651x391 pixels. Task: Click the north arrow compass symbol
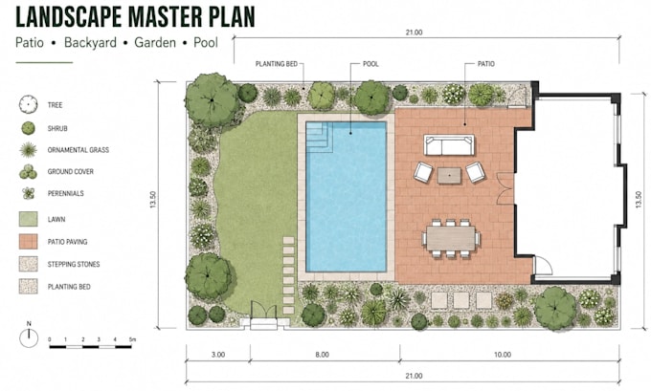point(29,337)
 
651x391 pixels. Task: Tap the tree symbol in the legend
point(28,104)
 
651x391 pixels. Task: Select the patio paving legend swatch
point(28,241)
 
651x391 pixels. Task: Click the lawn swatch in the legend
point(28,219)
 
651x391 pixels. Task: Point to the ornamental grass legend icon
point(28,150)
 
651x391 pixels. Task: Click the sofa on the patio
point(449,144)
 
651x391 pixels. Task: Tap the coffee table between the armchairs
point(449,175)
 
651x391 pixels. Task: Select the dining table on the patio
point(451,238)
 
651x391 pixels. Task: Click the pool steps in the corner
point(319,138)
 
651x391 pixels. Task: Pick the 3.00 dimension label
point(218,355)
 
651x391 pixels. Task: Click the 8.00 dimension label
point(323,355)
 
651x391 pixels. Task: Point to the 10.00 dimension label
point(503,355)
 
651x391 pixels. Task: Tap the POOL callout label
point(370,64)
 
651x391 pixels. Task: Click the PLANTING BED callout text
point(276,64)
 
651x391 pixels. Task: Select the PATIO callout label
point(485,64)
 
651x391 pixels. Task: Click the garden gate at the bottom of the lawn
point(263,310)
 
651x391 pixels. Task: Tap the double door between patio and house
point(506,188)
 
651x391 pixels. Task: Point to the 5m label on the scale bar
point(132,339)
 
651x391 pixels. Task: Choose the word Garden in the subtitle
point(155,42)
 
